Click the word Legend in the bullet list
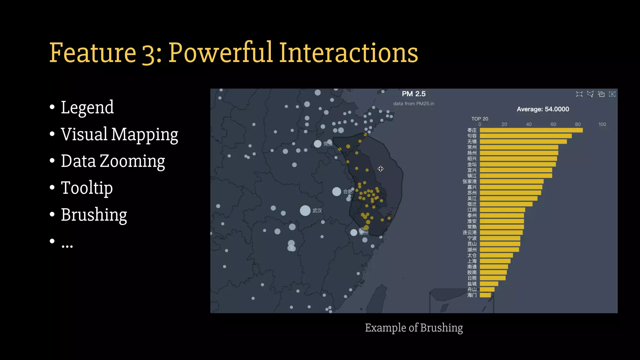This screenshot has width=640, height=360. point(87,107)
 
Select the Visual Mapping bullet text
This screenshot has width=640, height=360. point(119,134)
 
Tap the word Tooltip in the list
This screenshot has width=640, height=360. point(87,188)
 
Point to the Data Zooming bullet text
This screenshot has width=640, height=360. point(113,161)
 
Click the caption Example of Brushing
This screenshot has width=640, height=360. point(414,327)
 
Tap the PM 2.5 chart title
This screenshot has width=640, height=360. point(413,94)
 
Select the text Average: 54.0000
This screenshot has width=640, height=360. point(542,109)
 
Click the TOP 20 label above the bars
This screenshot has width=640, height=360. point(479,119)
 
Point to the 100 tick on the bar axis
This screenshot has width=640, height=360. point(602,124)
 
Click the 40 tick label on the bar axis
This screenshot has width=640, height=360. point(528,124)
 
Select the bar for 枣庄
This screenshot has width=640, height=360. point(531,130)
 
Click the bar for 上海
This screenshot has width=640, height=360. point(495,261)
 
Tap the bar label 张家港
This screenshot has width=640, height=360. point(469,182)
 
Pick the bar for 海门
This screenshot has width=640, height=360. point(485,295)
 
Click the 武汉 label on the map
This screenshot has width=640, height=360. point(317,211)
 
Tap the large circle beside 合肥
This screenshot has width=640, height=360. point(337,192)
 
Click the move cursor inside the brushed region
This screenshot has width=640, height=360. point(380,169)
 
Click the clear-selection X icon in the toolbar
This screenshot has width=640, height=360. point(612,94)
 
